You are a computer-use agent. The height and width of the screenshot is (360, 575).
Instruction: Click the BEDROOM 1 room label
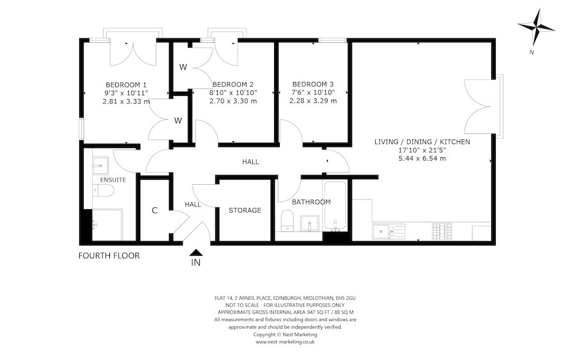[x=126, y=84]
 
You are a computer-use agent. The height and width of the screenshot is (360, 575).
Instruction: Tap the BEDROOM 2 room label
[x=233, y=84]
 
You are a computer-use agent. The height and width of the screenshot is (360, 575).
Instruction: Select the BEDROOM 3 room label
[x=313, y=84]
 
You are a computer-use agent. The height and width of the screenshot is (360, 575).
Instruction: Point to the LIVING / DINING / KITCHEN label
[x=422, y=141]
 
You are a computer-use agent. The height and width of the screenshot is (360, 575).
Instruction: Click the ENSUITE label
[x=112, y=180]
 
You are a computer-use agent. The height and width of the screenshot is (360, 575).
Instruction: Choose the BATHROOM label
[x=311, y=202]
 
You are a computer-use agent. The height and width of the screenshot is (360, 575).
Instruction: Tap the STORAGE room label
[x=245, y=210]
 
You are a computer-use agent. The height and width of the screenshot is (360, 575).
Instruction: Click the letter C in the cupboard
[x=155, y=210]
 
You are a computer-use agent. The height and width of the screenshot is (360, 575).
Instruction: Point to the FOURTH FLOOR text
[x=109, y=256]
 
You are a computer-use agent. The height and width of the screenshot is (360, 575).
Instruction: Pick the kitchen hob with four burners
[x=442, y=231]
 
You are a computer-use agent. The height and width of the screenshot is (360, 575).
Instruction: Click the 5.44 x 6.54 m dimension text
[x=422, y=159]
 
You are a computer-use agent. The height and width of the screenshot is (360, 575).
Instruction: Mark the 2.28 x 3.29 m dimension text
[x=313, y=101]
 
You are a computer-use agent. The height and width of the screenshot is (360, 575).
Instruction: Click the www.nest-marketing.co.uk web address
[x=285, y=342]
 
